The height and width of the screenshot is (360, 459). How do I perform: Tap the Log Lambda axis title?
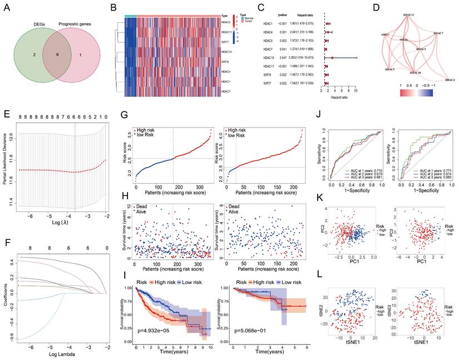point(61,356)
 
